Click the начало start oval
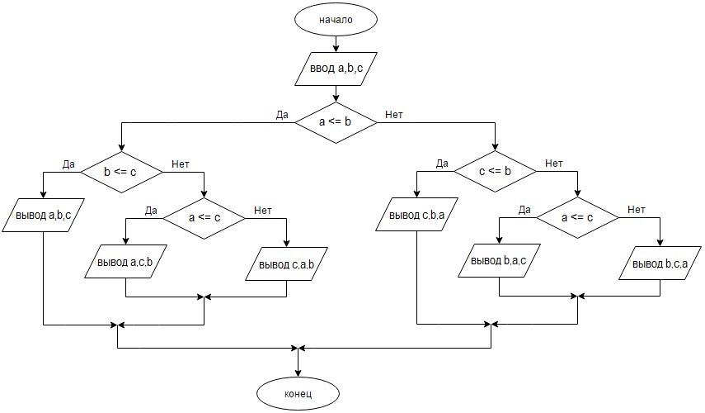[x=336, y=19]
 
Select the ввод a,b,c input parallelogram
[x=336, y=69]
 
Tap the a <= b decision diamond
[x=336, y=122]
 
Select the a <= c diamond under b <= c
[x=204, y=217]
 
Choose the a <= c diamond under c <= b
[x=577, y=217]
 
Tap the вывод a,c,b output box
[x=125, y=262]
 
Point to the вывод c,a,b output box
[x=287, y=264]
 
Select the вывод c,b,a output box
[x=417, y=216]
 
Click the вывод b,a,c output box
[x=499, y=262]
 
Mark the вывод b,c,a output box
[x=660, y=264]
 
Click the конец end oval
[x=298, y=394]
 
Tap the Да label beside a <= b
[x=282, y=114]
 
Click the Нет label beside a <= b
[x=394, y=114]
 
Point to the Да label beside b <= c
[x=68, y=164]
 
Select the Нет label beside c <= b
[x=553, y=164]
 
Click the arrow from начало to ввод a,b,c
[x=336, y=42]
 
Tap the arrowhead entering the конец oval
[x=298, y=373]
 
